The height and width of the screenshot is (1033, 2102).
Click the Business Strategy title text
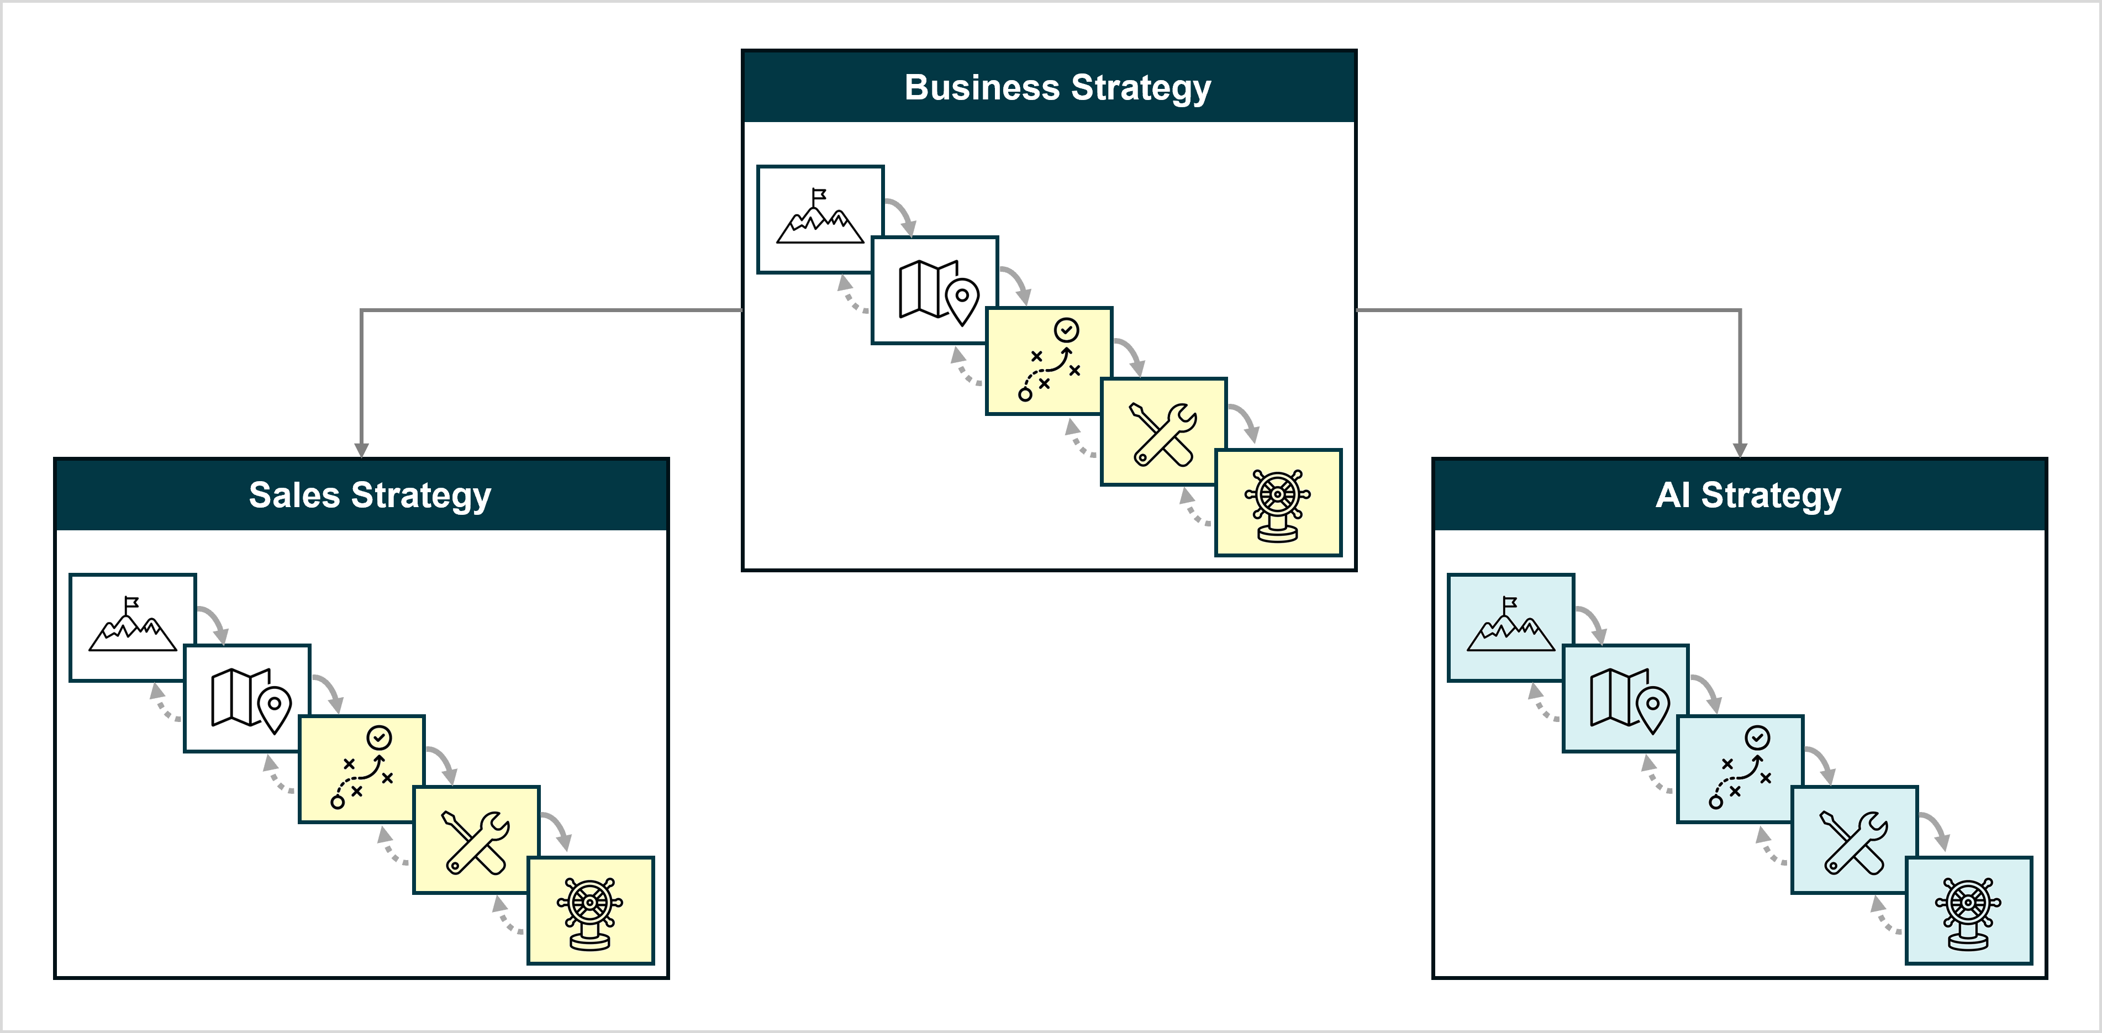point(1057,87)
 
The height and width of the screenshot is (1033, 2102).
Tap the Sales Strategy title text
point(370,496)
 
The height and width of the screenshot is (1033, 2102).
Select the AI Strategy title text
point(1748,496)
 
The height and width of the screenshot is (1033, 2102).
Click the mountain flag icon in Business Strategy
point(819,218)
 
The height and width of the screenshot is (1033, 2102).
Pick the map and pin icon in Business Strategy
point(937,291)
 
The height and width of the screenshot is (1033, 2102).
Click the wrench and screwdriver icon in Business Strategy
point(1163,433)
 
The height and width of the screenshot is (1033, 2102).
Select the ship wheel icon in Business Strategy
point(1278,504)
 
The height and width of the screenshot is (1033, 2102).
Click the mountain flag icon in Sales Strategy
point(132,626)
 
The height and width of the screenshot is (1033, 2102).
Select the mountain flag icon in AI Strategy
point(1510,626)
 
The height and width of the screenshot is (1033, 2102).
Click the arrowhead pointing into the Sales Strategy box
point(361,450)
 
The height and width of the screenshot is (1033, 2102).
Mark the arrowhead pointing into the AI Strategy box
point(1740,450)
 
